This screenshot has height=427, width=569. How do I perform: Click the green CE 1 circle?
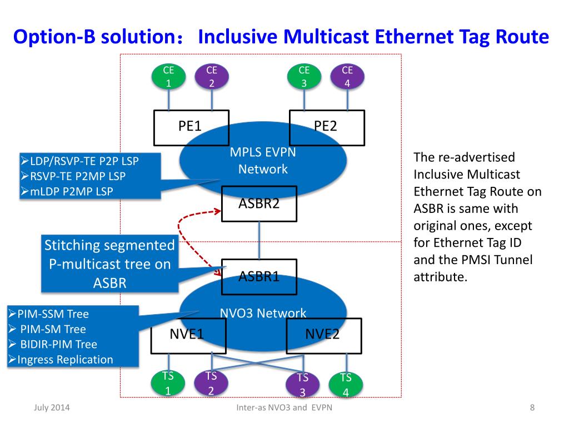(168, 77)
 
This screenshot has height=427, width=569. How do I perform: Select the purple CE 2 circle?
(212, 77)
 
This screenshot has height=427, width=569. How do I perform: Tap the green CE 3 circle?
(304, 77)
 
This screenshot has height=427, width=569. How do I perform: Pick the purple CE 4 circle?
(347, 77)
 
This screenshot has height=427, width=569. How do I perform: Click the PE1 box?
(190, 127)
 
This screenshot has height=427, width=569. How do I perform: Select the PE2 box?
(327, 127)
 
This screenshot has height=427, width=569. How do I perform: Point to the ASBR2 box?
(259, 203)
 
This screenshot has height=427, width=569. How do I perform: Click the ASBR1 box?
(259, 276)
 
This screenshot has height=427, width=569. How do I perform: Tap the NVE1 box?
(188, 335)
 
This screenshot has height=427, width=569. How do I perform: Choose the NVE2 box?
(323, 335)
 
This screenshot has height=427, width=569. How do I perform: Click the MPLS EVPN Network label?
(263, 161)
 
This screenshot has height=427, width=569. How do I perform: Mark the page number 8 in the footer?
(532, 409)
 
